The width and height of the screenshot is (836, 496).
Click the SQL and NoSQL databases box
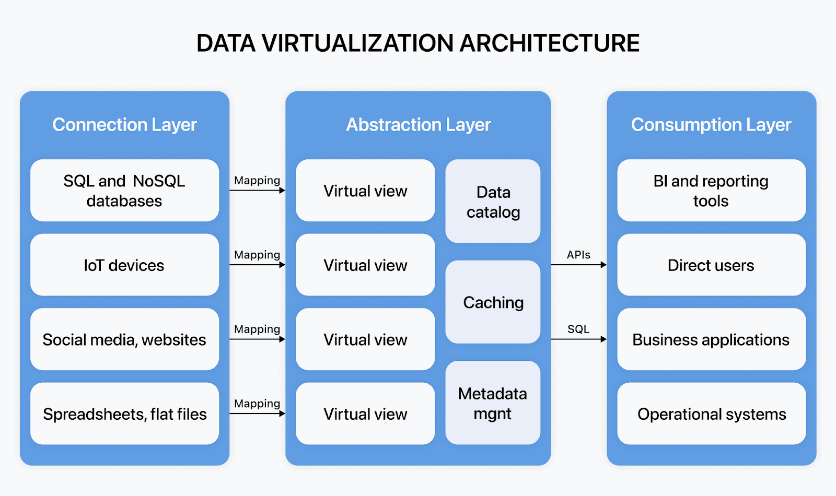point(124,191)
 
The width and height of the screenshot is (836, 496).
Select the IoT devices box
point(124,265)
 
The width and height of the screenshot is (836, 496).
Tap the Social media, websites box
point(124,339)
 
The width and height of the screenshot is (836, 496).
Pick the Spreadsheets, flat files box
point(124,414)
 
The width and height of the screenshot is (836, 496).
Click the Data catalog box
point(493,202)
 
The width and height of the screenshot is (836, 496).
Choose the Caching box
point(493,302)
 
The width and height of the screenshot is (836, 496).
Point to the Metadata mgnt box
point(493,403)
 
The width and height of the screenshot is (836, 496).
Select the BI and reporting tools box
point(711,191)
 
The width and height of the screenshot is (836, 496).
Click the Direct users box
point(711,265)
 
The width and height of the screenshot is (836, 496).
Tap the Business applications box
point(711,339)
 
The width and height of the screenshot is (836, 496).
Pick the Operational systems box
point(711,414)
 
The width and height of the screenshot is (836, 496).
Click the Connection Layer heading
point(124,125)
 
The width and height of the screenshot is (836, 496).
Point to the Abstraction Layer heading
point(418,125)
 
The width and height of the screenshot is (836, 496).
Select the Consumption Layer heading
point(711,125)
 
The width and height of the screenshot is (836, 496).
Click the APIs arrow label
point(578,255)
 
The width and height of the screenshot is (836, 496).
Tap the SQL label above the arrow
point(578,329)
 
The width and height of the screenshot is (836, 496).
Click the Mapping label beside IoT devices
point(257,255)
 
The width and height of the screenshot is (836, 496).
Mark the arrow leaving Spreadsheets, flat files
point(257,414)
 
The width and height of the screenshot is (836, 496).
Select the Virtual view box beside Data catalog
point(365,191)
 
